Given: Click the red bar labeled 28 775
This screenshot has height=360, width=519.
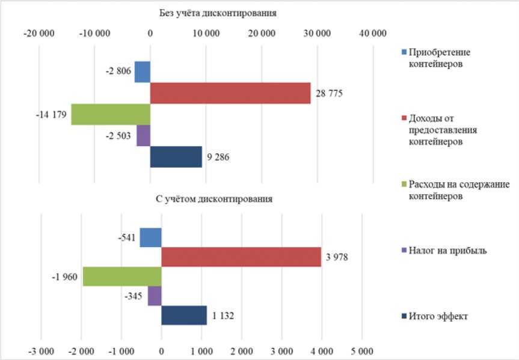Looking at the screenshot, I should [x=230, y=93].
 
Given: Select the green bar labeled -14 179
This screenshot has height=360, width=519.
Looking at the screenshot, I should [x=111, y=114].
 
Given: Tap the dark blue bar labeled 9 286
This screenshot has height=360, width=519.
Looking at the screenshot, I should [x=176, y=157].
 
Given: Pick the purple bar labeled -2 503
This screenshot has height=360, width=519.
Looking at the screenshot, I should [x=143, y=135].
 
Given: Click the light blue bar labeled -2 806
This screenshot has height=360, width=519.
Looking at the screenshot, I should [x=143, y=72].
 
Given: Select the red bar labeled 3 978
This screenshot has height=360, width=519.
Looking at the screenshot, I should [x=241, y=257].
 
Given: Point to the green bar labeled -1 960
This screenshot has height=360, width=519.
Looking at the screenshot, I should [x=122, y=276].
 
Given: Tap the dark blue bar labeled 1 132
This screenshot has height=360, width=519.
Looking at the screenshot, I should [x=184, y=315].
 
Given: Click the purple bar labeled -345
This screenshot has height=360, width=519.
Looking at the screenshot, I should [x=155, y=296].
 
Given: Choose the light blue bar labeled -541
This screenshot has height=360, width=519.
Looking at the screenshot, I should [x=150, y=237].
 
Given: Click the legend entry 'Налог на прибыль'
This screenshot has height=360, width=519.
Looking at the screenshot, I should [x=447, y=250].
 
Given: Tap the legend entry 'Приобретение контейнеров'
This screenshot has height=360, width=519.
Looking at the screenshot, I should [x=442, y=58].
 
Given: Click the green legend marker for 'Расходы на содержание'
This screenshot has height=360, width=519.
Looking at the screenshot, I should [x=404, y=184].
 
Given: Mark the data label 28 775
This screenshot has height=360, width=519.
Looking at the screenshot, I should [x=330, y=94].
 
